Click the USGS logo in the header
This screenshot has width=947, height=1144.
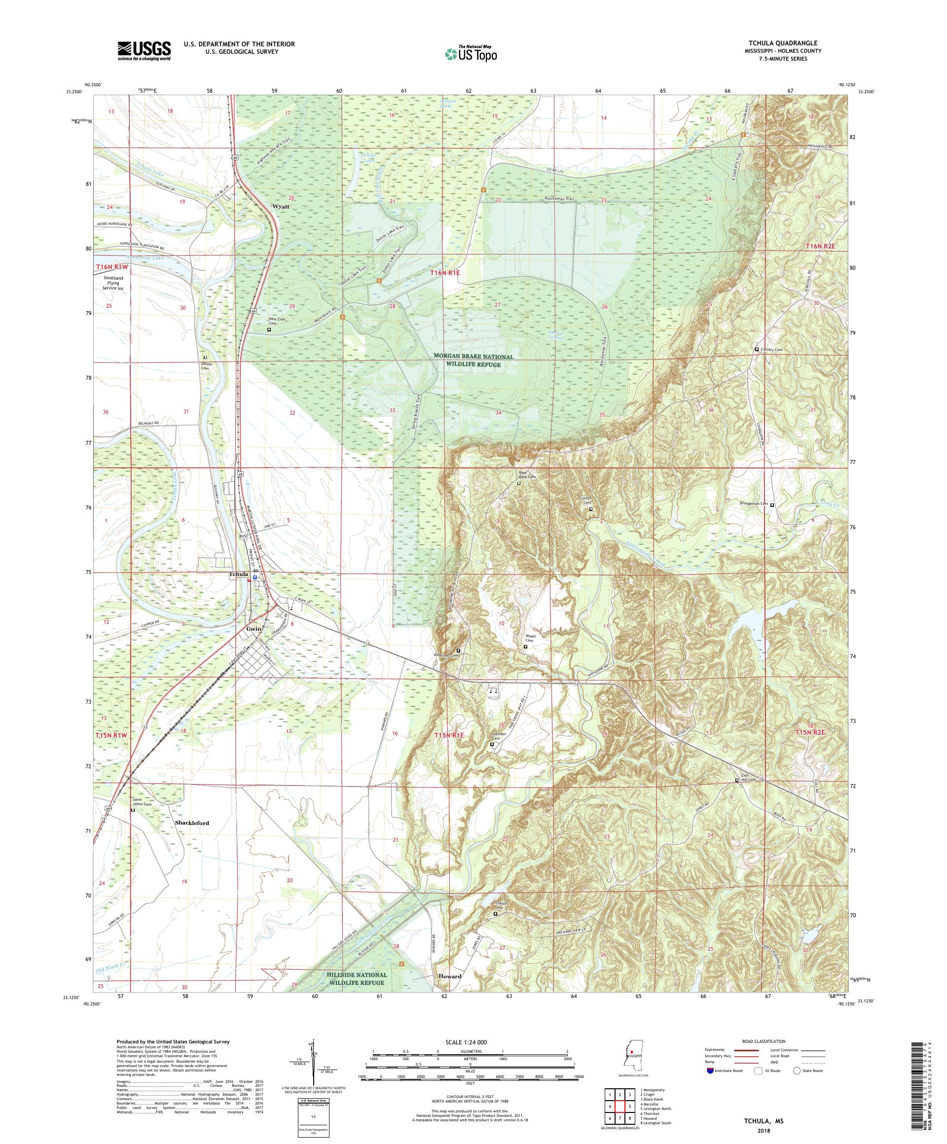pyautogui.click(x=144, y=51)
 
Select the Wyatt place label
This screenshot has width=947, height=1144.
pyautogui.click(x=281, y=207)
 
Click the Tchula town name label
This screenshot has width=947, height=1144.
pyautogui.click(x=238, y=574)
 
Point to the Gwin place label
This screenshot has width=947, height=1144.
pyautogui.click(x=254, y=628)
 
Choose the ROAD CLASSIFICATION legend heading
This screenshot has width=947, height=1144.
pyautogui.click(x=765, y=1040)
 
